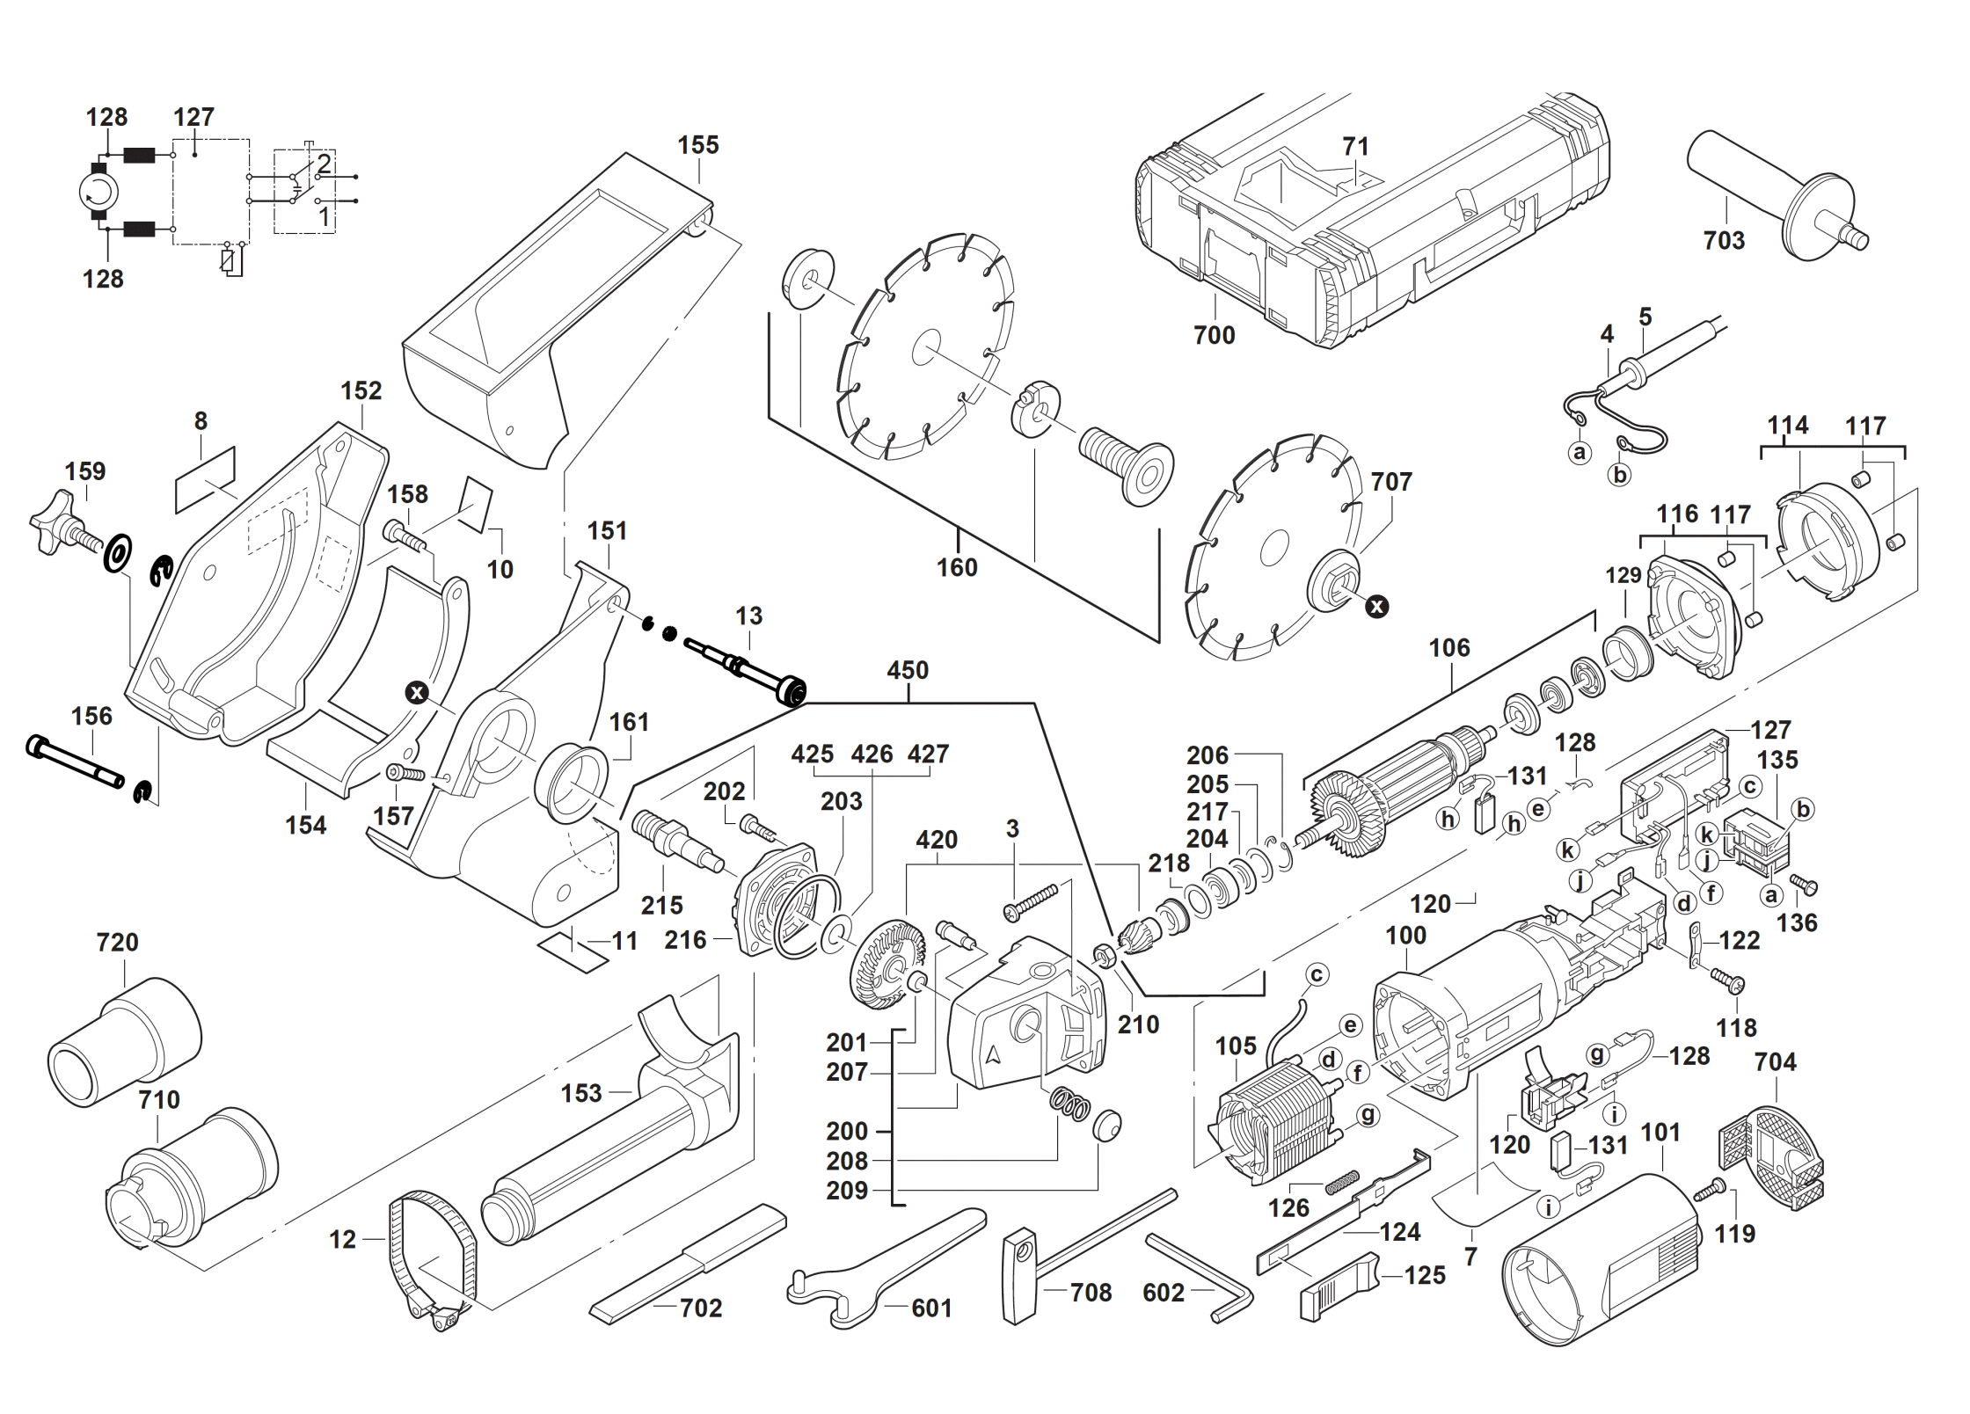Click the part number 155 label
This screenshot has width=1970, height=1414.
pyautogui.click(x=697, y=145)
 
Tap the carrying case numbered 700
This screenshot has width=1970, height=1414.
pyautogui.click(x=1372, y=220)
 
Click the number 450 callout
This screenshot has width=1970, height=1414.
pyautogui.click(x=908, y=671)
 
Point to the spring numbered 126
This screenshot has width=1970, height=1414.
pyautogui.click(x=1342, y=1182)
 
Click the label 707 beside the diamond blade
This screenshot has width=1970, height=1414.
pyautogui.click(x=1391, y=482)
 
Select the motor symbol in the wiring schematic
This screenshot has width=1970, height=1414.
pyautogui.click(x=98, y=191)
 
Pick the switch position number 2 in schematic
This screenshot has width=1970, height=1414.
pyautogui.click(x=324, y=164)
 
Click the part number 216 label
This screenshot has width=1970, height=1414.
pyautogui.click(x=685, y=940)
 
